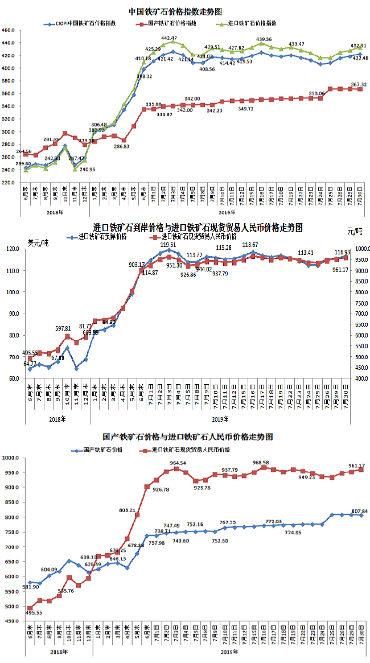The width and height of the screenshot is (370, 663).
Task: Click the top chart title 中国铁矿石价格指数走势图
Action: [x=175, y=11]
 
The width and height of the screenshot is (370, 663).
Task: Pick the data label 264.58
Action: [x=24, y=151]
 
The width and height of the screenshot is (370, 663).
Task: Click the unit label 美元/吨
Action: [x=38, y=243]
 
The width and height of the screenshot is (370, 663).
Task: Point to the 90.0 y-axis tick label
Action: [x=14, y=314]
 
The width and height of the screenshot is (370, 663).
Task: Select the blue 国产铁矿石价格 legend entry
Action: [x=102, y=450]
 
